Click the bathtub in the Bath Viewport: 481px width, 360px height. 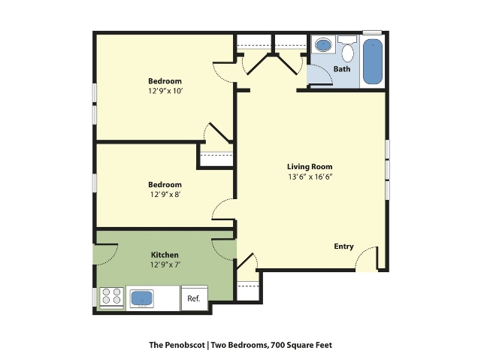click(372, 62)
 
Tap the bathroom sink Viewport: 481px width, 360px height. click(323, 46)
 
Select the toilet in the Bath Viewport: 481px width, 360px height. click(347, 50)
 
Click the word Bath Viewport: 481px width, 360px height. click(342, 69)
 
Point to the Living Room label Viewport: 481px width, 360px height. click(309, 167)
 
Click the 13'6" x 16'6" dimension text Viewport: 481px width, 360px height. click(309, 177)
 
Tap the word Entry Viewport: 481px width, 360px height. click(343, 247)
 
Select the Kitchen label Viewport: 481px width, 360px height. click(165, 255)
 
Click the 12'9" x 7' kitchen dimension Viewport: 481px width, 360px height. click(165, 265)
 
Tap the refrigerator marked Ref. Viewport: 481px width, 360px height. click(193, 298)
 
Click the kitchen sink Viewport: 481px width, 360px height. click(142, 298)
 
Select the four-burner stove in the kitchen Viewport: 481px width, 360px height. click(112, 298)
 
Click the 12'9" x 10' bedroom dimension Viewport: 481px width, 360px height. click(165, 91)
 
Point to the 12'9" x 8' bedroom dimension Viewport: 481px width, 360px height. click(165, 195)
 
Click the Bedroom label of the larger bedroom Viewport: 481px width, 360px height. click(165, 80)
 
